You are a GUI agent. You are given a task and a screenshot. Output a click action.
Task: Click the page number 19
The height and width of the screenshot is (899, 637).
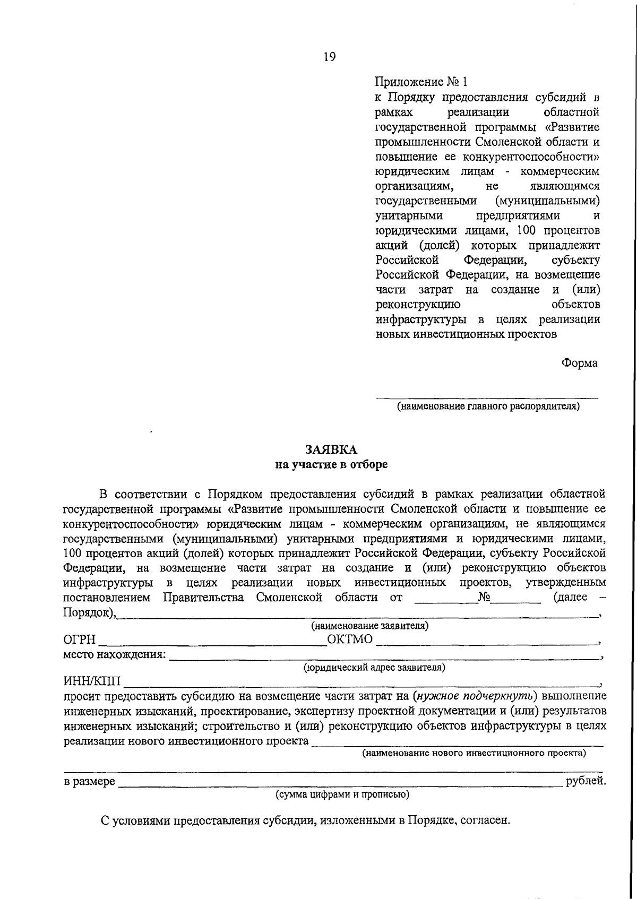[x=329, y=57]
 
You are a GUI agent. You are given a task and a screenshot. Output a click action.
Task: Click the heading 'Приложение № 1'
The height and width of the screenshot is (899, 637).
[x=422, y=82]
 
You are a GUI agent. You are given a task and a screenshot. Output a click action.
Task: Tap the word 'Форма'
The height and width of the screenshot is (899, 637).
[x=579, y=364]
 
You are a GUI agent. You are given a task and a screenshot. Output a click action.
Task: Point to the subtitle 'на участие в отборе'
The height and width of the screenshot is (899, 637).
[x=331, y=465]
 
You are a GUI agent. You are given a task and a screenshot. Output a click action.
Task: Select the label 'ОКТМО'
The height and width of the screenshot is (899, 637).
[x=350, y=639]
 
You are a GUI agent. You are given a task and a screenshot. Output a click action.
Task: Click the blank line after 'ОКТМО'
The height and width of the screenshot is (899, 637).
[x=486, y=642]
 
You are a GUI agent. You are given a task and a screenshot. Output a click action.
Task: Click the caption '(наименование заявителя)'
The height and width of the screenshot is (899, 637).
[x=370, y=626]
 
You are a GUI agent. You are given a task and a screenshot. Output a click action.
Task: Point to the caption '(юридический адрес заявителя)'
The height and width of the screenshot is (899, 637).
[x=374, y=668]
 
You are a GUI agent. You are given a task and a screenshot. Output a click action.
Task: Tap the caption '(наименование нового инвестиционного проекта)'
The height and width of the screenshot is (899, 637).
[x=474, y=753]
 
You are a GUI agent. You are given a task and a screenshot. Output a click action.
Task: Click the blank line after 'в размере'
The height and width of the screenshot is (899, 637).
[x=340, y=784]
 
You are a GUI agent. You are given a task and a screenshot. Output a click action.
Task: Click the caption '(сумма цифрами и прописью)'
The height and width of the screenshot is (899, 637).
[x=342, y=794]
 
